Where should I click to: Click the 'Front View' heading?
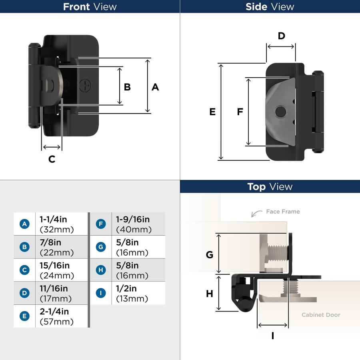point(90,6)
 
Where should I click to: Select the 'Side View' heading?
point(270,6)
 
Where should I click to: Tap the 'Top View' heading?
point(270,186)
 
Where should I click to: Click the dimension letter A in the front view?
point(155,87)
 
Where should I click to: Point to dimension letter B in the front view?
point(127,87)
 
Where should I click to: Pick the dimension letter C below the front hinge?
point(52,159)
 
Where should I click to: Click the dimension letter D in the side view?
point(281,36)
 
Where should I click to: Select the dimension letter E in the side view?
point(212,112)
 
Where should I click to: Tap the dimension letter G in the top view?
point(209,255)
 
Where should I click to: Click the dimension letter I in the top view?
point(273,336)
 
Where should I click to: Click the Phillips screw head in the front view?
point(85,85)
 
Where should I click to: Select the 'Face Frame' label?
point(283,212)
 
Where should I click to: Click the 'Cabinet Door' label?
point(321,315)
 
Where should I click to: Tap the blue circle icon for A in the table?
point(24,224)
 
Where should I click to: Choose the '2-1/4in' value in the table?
point(54,312)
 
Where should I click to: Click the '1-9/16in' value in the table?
point(133,219)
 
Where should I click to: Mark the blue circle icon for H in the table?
point(101,270)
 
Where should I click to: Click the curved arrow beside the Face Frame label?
point(255,214)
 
